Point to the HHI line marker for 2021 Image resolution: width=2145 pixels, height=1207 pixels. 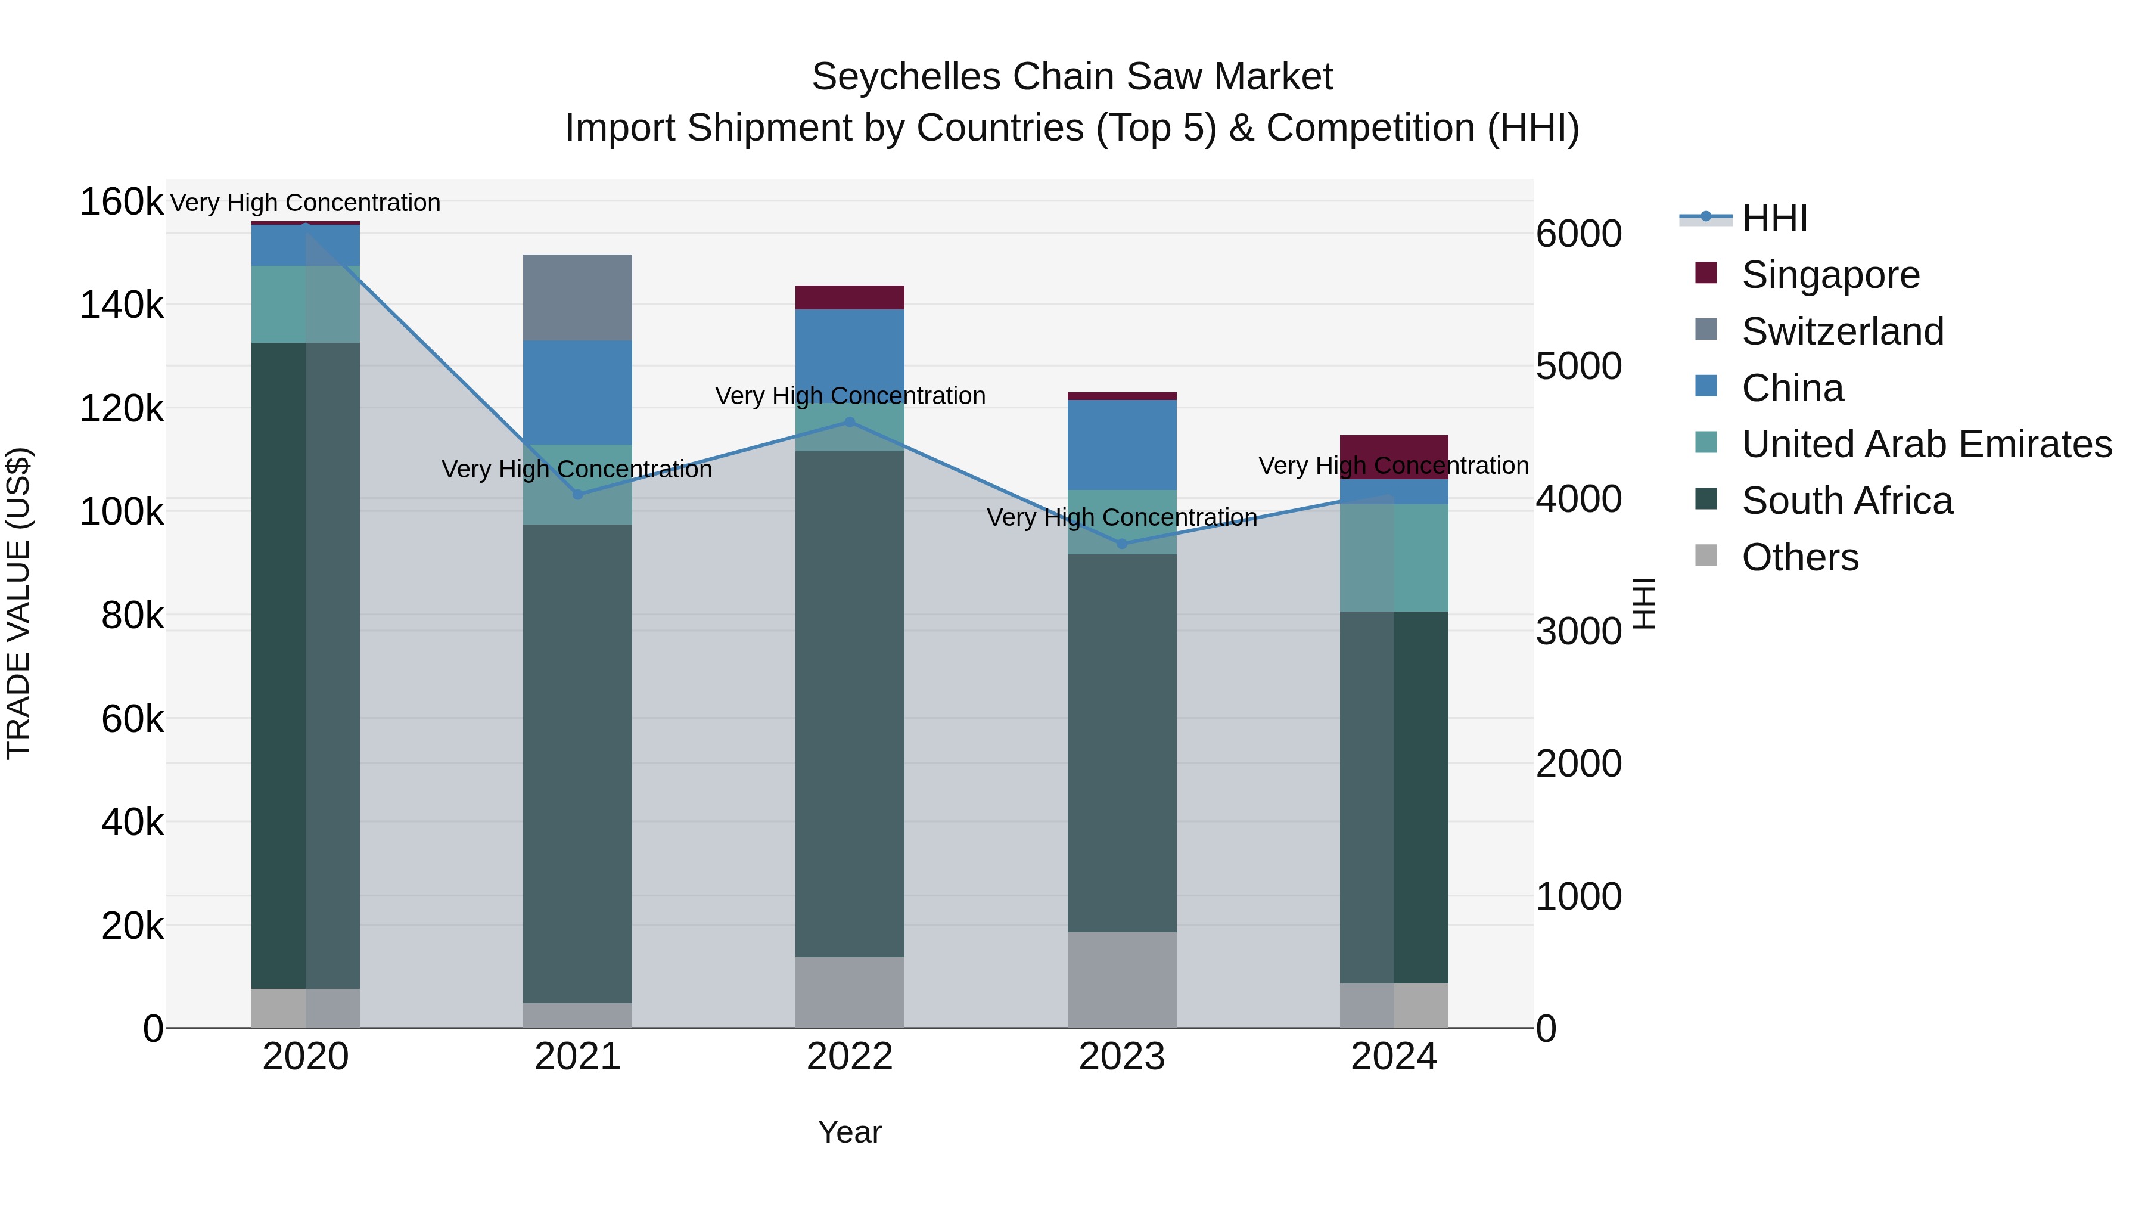[x=579, y=494]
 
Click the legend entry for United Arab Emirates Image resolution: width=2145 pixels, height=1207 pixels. [x=1926, y=444]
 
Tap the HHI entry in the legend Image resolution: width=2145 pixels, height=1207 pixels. [x=1774, y=218]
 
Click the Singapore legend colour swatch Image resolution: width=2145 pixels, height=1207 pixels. [x=1706, y=273]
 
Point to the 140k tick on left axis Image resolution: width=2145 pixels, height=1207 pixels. [x=122, y=305]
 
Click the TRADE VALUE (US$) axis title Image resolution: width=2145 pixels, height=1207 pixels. [x=18, y=603]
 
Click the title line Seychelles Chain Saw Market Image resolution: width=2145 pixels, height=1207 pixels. [x=1072, y=77]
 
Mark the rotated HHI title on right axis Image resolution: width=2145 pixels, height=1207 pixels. [x=1644, y=603]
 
